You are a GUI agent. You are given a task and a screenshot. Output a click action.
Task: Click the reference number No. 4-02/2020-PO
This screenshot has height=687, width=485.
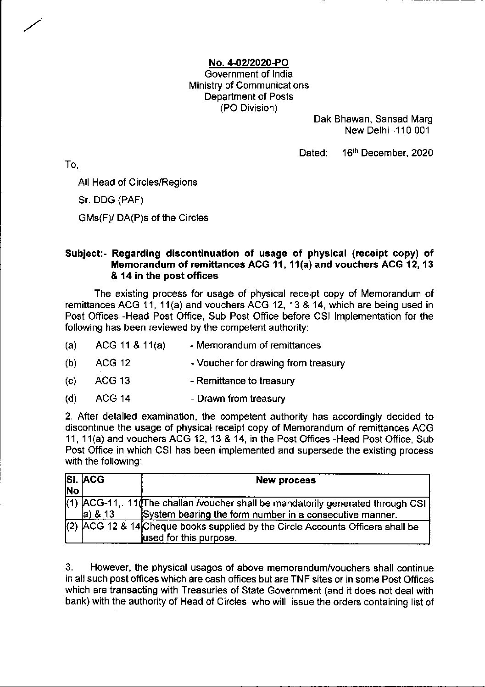point(249,63)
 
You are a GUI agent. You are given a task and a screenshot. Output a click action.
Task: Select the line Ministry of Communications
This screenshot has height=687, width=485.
point(249,85)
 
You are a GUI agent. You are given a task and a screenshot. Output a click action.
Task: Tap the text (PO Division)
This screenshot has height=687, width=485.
point(249,108)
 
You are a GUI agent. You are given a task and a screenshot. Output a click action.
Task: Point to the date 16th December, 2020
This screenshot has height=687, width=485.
point(387,153)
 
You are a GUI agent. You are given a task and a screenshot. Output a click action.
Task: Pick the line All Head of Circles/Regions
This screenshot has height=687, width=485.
point(138,183)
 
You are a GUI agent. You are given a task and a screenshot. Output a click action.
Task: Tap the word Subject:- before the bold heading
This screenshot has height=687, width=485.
point(87,254)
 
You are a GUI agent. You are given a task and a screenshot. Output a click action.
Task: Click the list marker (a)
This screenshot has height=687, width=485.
point(71,345)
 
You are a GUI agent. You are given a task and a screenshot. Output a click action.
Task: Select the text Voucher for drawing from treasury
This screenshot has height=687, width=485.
point(270,364)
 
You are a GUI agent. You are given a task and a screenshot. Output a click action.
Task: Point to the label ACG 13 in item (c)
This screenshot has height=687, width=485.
point(112,381)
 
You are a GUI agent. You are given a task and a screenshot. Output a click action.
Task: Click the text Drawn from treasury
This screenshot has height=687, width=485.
point(241,399)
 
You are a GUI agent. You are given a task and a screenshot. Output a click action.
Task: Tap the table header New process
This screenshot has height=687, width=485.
point(285,481)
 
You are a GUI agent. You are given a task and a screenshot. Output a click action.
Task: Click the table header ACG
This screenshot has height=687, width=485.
point(94,480)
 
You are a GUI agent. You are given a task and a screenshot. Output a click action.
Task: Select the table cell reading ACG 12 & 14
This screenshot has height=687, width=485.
point(111,527)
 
